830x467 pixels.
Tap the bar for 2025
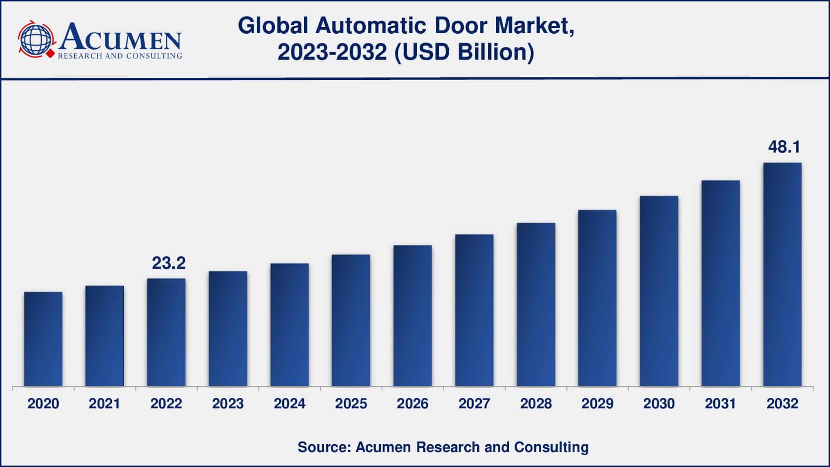(x=351, y=320)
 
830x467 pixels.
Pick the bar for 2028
(x=536, y=305)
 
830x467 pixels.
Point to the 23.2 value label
(x=169, y=263)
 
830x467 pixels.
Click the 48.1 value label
(x=784, y=147)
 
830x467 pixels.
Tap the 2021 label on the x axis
(x=104, y=404)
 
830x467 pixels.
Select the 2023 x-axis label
(x=228, y=404)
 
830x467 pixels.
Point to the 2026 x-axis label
(x=412, y=404)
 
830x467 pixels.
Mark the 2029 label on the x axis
(x=597, y=404)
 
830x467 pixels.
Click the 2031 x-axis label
(x=720, y=404)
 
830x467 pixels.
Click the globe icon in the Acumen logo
(x=36, y=39)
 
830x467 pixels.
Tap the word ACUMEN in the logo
(x=120, y=37)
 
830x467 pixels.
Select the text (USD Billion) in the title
(x=464, y=52)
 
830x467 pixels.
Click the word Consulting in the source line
(x=551, y=447)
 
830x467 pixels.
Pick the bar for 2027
(x=474, y=310)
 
